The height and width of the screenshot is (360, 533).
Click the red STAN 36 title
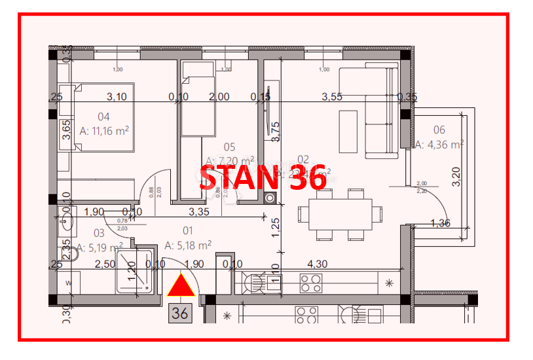click(263, 177)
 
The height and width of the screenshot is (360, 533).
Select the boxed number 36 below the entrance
click(179, 314)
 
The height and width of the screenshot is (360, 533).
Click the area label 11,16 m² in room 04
click(103, 131)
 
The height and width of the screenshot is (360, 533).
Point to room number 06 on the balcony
click(439, 130)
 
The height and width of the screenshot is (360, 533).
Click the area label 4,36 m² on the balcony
click(440, 145)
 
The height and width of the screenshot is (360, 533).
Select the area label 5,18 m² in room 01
click(187, 245)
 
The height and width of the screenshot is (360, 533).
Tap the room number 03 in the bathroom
click(99, 232)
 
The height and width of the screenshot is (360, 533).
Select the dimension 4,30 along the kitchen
click(318, 264)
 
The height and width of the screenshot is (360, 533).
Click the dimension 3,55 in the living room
click(332, 97)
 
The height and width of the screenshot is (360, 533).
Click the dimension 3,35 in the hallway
click(198, 211)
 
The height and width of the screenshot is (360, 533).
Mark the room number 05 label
click(229, 147)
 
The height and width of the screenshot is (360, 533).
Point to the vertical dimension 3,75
click(276, 132)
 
